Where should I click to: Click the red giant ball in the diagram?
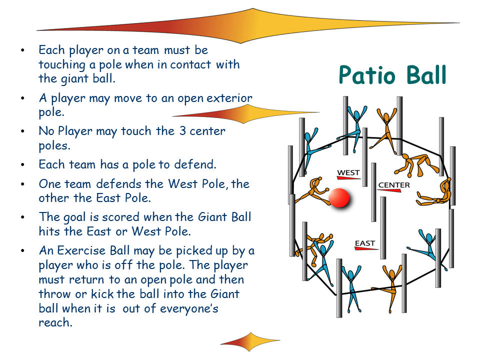point(339,198)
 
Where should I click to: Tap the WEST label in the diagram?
point(348,172)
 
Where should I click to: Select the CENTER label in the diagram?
point(394,185)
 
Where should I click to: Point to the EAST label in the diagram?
point(365,243)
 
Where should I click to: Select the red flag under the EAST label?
point(366,248)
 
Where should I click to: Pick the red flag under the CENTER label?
point(389,190)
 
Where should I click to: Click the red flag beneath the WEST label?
point(349,178)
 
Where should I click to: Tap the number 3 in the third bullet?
point(183,131)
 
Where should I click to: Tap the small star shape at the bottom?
point(250,341)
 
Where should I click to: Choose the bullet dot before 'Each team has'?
point(22,165)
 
